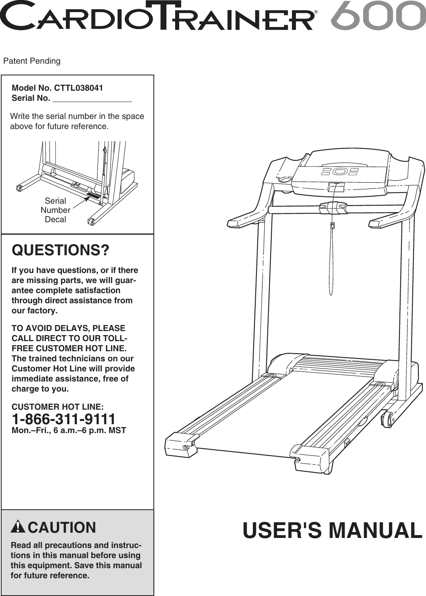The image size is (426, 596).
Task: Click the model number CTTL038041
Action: point(79,88)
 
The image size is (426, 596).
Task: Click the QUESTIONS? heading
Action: point(60,250)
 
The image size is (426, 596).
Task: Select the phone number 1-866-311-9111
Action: point(64,419)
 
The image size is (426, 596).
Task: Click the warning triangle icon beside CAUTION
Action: point(18,527)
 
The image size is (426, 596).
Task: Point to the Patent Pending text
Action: point(32,61)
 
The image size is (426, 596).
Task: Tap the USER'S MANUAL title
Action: point(332,530)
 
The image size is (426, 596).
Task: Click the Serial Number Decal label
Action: point(56,210)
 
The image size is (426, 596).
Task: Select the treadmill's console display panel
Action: point(340,172)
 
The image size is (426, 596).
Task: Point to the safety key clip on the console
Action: point(332,226)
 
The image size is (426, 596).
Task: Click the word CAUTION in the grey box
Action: point(62,527)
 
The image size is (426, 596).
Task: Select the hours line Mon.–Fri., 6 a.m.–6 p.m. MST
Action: point(69,431)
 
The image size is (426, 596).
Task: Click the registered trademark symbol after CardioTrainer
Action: point(316,13)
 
